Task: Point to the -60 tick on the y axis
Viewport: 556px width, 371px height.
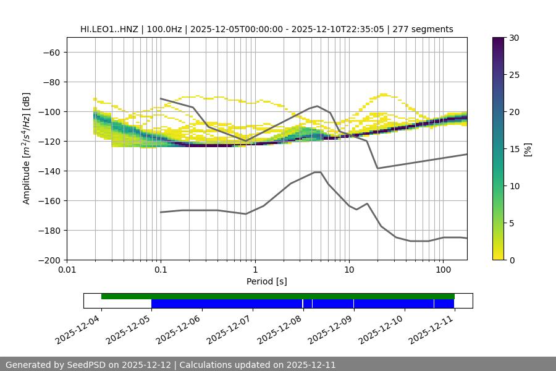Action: [x=51, y=52]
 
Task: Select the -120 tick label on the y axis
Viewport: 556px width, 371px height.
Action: [x=49, y=141]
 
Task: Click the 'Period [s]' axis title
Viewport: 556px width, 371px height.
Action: [x=266, y=281]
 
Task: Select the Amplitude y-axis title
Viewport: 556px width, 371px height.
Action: [x=27, y=148]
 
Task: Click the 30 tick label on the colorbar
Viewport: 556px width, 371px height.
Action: [x=513, y=38]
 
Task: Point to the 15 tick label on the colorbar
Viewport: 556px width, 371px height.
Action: [x=513, y=149]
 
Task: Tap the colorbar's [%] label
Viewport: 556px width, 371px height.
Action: [x=527, y=149]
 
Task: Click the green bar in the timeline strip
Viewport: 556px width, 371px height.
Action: [x=278, y=296]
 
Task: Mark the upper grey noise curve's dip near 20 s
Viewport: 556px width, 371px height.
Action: [x=377, y=168]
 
